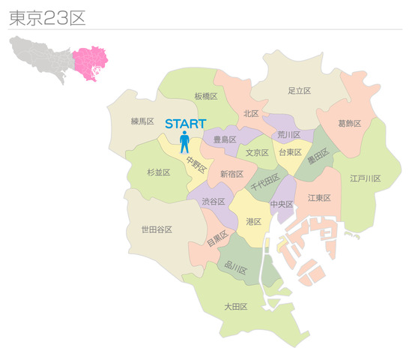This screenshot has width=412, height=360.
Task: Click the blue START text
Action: [x=185, y=123]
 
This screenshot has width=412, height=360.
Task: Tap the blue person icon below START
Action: [x=184, y=142]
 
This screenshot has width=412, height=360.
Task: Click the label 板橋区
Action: [x=205, y=96]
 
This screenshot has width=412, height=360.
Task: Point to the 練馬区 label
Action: [x=142, y=121]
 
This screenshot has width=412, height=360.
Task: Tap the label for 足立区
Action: [x=299, y=91]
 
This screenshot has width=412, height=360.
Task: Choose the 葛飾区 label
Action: [x=350, y=123]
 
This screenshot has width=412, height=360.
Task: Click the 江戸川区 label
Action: [x=365, y=178]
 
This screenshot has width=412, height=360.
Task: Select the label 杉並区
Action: [x=158, y=172]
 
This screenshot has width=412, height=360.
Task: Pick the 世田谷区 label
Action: [x=157, y=229]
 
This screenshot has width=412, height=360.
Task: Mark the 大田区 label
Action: [x=236, y=307]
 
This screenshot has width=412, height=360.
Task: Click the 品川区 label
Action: [x=237, y=265]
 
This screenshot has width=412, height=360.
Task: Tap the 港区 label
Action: [x=253, y=222]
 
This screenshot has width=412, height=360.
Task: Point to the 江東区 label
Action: [x=319, y=198]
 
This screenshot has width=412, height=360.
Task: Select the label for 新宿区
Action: [x=231, y=174]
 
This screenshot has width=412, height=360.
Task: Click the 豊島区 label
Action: [x=225, y=139]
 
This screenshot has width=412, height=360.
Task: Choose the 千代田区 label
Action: [x=264, y=181]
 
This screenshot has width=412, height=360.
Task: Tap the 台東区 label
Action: [x=290, y=152]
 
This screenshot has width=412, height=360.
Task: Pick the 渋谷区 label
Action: [x=213, y=202]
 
